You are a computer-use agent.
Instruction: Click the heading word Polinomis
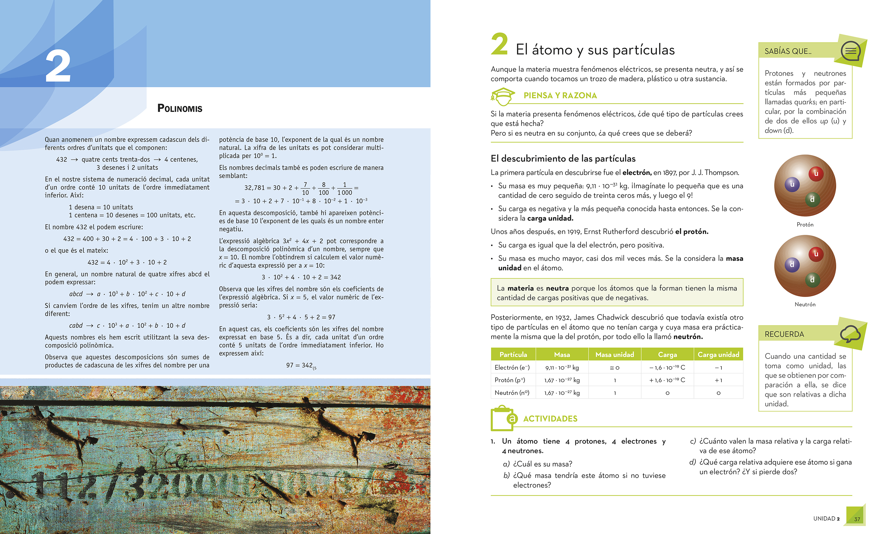(180, 108)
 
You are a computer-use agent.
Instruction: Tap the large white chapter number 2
(58, 66)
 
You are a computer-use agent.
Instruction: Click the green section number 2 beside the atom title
(499, 44)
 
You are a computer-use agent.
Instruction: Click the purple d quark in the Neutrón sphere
(792, 265)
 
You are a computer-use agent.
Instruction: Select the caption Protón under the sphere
(805, 224)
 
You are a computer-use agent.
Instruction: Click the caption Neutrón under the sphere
(805, 305)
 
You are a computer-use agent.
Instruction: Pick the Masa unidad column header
(615, 354)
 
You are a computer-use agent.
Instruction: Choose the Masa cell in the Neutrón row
(562, 393)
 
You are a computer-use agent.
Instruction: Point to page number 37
(857, 519)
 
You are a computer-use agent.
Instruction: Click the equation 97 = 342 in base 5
(301, 365)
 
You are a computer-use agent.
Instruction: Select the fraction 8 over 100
(324, 188)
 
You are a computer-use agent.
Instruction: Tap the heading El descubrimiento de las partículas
(563, 158)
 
